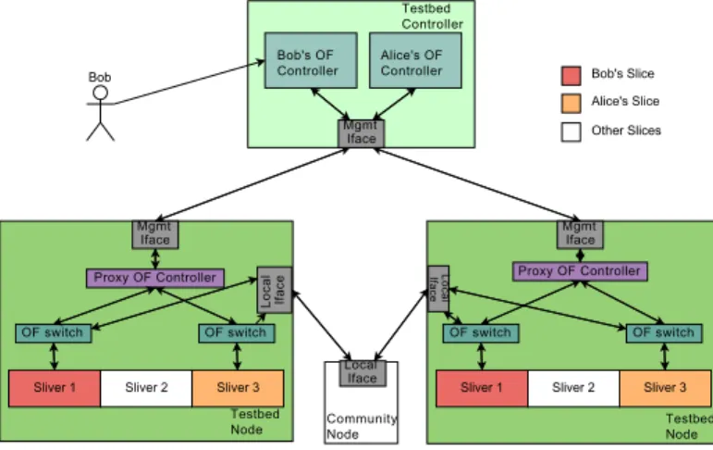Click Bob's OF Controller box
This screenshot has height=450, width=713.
tap(311, 60)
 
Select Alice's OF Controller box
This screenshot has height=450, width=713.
tap(415, 60)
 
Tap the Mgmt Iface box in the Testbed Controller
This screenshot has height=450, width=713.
tap(362, 133)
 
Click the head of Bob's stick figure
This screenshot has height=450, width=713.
tap(101, 93)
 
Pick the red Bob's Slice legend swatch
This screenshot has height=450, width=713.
tap(572, 76)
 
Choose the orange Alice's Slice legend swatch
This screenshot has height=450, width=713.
tap(572, 104)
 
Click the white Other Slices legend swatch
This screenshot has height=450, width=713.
tap(572, 132)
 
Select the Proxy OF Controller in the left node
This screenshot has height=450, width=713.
tap(155, 278)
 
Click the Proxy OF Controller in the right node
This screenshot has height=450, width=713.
tap(580, 271)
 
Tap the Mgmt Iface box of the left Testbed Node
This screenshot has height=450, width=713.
tap(155, 234)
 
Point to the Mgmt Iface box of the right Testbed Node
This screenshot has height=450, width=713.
tap(580, 234)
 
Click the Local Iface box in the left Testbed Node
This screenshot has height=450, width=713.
tap(275, 290)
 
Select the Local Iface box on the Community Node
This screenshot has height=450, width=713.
tap(363, 373)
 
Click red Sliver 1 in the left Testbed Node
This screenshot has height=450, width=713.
tap(55, 388)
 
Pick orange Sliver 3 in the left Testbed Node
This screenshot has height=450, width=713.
tap(238, 388)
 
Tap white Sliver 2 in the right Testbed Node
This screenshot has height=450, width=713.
tap(573, 388)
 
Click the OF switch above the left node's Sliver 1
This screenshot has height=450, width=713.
tap(54, 333)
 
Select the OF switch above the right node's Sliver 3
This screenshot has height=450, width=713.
tap(664, 333)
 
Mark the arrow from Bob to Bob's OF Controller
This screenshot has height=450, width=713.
tap(189, 82)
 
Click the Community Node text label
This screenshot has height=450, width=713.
tap(362, 426)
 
